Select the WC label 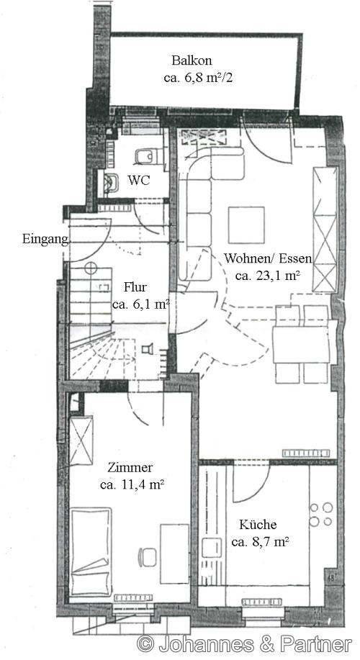point(139,180)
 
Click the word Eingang point(44,240)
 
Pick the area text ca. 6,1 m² point(141,304)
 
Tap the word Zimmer point(131,468)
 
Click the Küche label point(259,526)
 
